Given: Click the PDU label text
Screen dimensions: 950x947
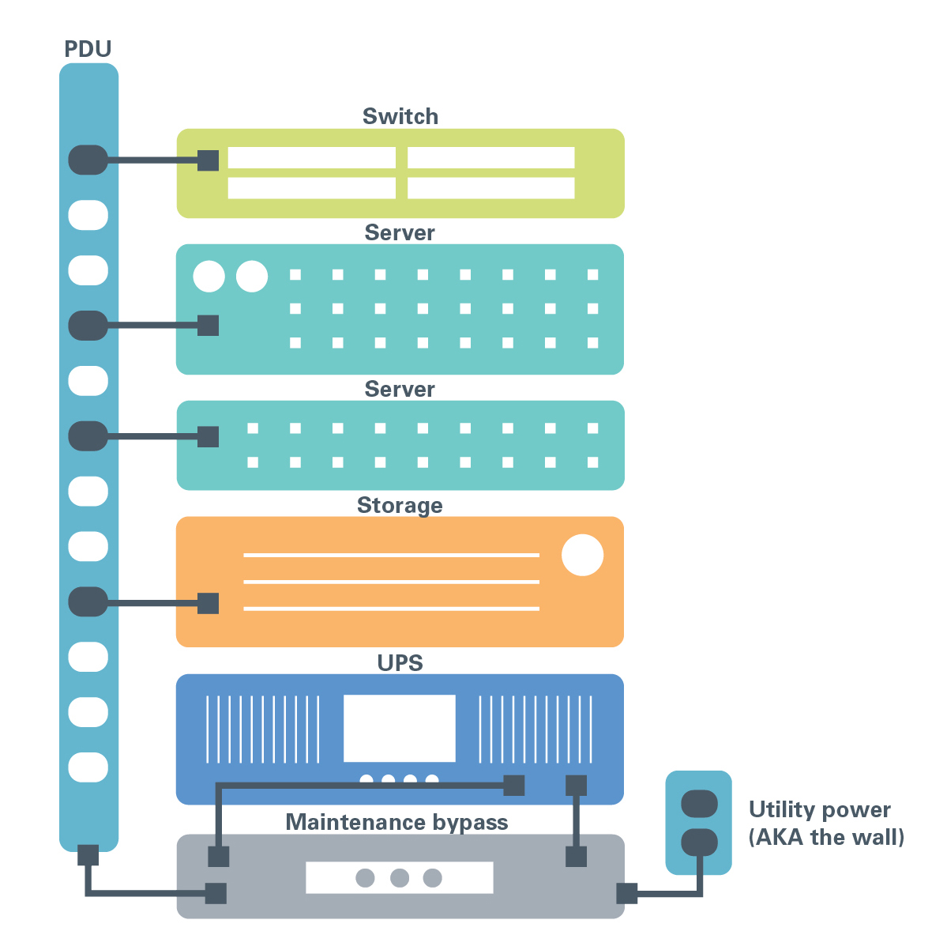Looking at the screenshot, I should [88, 49].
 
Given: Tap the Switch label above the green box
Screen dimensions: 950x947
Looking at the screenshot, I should [400, 116].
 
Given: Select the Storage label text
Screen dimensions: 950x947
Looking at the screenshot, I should [400, 505].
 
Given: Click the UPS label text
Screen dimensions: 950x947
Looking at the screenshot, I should [400, 662].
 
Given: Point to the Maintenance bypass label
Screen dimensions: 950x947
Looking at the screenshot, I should [396, 822].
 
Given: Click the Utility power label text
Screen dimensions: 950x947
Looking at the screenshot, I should [819, 810].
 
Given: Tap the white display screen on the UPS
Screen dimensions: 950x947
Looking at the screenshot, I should [400, 728].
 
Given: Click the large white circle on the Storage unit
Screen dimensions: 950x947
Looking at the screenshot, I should [582, 555].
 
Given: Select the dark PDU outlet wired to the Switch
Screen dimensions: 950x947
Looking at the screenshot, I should [88, 160].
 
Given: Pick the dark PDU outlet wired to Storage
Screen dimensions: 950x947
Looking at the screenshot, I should [88, 602].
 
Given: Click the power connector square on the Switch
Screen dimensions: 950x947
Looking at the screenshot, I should [208, 160].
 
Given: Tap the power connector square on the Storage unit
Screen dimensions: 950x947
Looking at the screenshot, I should [208, 603].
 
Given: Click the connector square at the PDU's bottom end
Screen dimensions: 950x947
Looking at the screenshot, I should [88, 855].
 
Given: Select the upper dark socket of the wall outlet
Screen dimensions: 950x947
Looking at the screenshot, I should [699, 805].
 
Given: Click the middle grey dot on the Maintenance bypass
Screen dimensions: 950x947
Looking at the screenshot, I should [400, 877].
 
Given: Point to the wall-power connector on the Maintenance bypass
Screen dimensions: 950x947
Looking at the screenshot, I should [626, 893].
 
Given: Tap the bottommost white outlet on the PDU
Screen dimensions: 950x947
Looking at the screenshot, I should [88, 767].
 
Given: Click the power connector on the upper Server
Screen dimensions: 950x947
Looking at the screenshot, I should [208, 325].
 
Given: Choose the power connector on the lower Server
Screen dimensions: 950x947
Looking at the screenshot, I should [208, 436].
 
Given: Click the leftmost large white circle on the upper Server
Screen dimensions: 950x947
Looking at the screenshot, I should [209, 277].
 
